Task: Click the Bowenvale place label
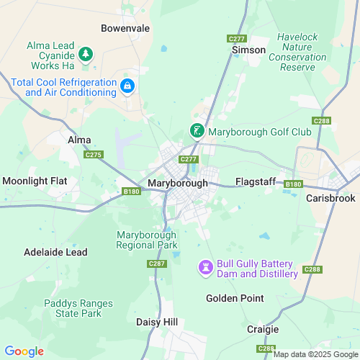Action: pos(125,30)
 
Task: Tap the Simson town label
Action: pos(248,50)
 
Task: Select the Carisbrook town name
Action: pos(331,197)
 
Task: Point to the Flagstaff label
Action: pos(256,181)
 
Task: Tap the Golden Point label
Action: pos(235,298)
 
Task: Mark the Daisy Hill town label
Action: pos(158,323)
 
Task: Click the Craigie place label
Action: pos(263,328)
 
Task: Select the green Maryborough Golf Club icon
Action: pos(196,131)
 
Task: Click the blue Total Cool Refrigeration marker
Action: pos(127,86)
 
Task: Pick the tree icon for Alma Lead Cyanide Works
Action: pos(86,54)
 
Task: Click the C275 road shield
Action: pos(94,154)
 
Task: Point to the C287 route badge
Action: pos(157,264)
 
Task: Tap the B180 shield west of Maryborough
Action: pos(130,191)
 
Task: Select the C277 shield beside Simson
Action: pos(235,37)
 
